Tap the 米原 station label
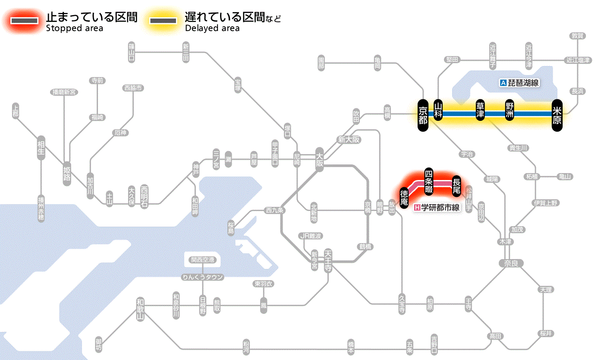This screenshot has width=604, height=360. tap(557, 115)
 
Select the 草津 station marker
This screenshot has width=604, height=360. tap(480, 111)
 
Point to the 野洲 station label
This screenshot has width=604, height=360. tap(510, 111)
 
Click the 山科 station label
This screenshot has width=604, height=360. tap(438, 111)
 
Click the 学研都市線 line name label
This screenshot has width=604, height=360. tap(437, 208)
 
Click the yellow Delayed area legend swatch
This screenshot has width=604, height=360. tap(164, 21)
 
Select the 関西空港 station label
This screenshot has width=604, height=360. tap(202, 260)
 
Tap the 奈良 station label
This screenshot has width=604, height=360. tap(510, 263)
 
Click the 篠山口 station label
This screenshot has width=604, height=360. tap(132, 52)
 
